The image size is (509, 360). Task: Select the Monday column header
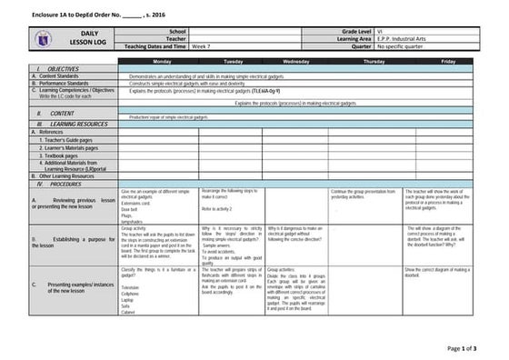(162, 60)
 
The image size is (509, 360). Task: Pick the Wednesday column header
(295, 60)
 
